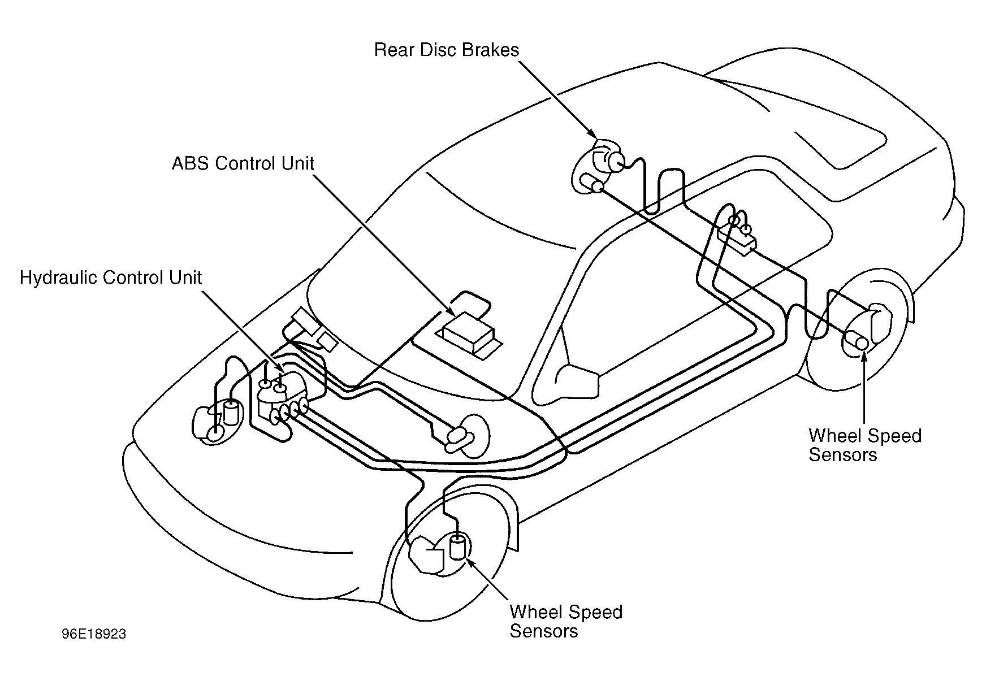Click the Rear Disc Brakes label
pos(447,50)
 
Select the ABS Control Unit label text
pos(243,163)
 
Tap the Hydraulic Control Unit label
pos(111,278)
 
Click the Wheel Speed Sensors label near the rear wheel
pos(865,445)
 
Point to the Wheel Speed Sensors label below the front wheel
pos(566,621)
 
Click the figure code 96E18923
pos(94,634)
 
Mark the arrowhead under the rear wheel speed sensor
pos(864,356)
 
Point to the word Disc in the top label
pos(439,50)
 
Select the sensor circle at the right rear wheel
pos(862,344)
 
